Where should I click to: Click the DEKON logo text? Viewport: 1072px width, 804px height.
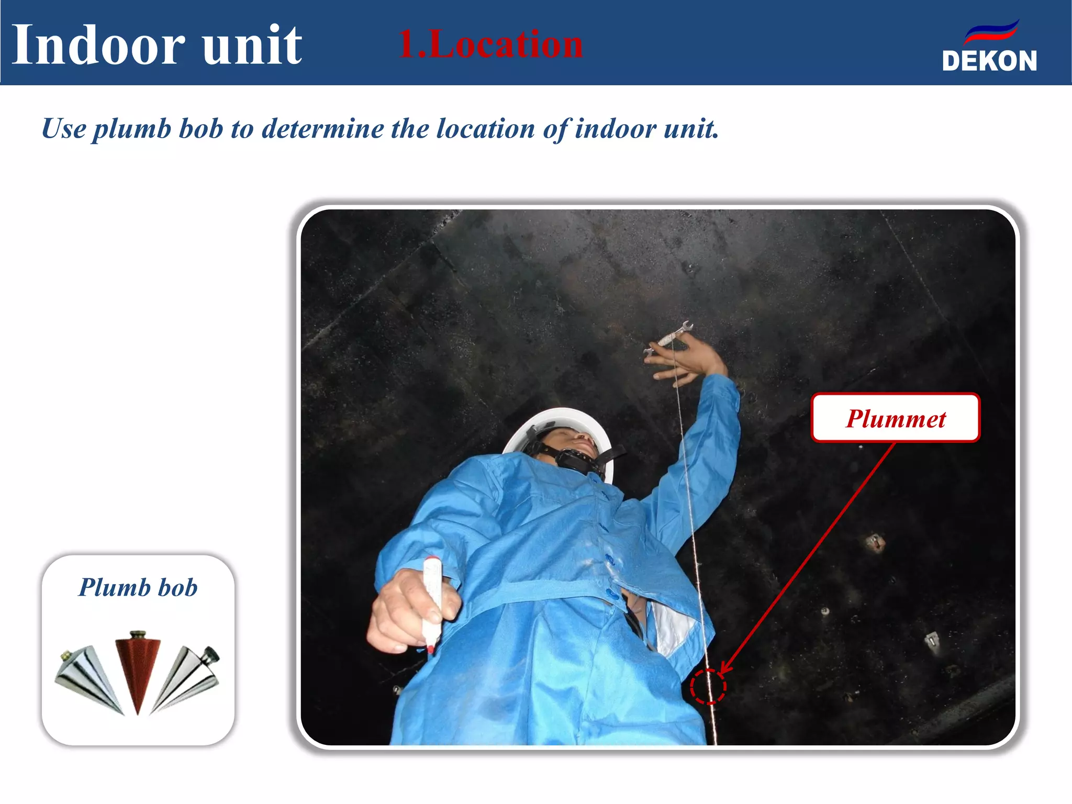pyautogui.click(x=989, y=61)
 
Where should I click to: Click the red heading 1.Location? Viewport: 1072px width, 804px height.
pyautogui.click(x=490, y=44)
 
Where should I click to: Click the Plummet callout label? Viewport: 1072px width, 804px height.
pyautogui.click(x=895, y=418)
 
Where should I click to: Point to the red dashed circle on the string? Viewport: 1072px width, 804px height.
pyautogui.click(x=708, y=686)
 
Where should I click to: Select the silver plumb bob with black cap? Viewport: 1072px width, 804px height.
pyautogui.click(x=188, y=678)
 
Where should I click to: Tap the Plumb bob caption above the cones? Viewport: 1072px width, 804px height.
pyautogui.click(x=138, y=587)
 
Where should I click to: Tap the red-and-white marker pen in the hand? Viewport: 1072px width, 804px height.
pyautogui.click(x=432, y=602)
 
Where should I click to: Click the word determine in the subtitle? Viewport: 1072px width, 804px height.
pyautogui.click(x=322, y=129)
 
